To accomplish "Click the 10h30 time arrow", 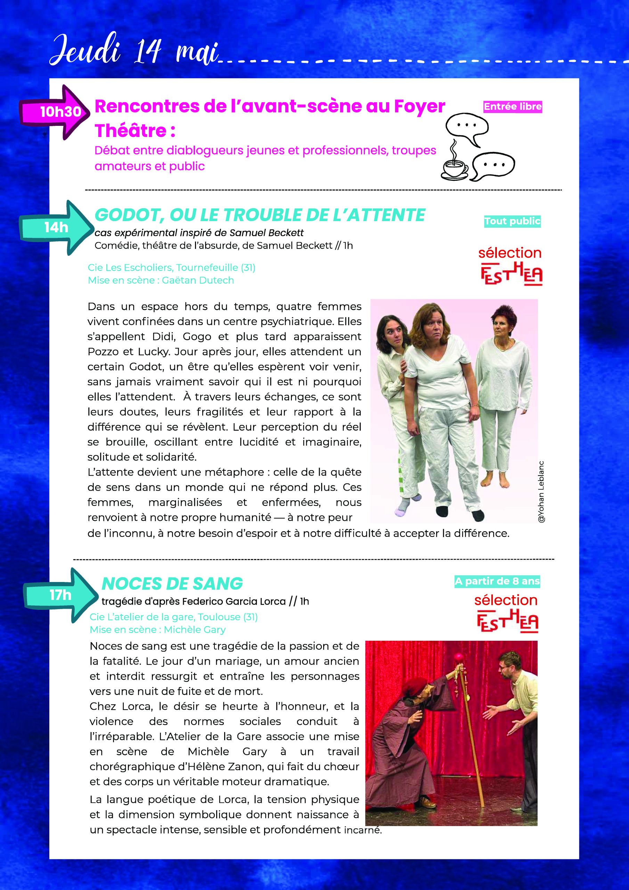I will (54, 112).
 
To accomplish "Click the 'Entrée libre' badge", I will (512, 107).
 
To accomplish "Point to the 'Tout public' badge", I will (512, 221).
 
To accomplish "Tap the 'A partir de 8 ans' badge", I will (497, 581).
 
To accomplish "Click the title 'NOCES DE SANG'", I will (172, 583).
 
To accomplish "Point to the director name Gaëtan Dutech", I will (198, 280).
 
